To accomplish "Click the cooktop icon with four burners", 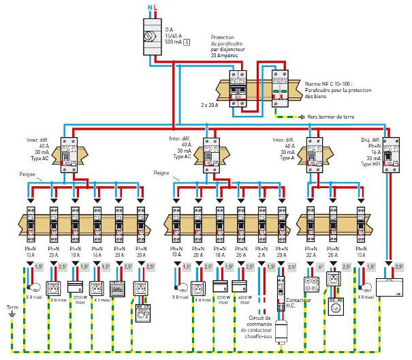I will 311,284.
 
